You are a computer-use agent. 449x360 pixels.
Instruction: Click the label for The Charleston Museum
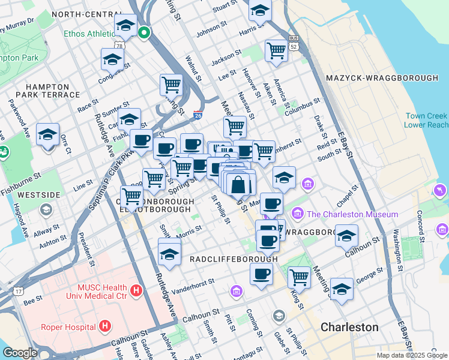(352, 214)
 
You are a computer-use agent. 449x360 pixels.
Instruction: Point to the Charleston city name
(349, 327)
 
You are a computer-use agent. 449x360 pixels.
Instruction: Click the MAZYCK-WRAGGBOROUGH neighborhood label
(382, 79)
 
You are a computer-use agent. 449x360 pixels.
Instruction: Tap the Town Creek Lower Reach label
(426, 120)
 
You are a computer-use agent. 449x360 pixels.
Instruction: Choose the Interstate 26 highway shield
(197, 114)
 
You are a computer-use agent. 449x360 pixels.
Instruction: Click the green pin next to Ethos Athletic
(143, 33)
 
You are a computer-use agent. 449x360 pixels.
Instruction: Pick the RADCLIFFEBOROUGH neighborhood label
(234, 259)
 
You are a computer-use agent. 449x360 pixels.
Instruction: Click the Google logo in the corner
(20, 352)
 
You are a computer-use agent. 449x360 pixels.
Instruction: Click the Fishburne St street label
(20, 178)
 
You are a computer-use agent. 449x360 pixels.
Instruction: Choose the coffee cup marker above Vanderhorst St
(261, 274)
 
